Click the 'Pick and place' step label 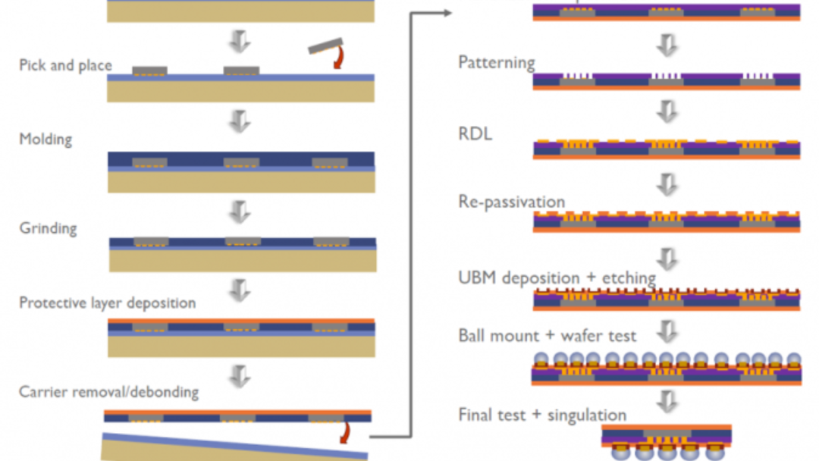tap(65, 65)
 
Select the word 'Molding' tap(45, 140)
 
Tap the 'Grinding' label tap(48, 227)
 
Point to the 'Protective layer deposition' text tap(107, 303)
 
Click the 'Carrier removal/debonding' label tap(108, 392)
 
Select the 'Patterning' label tap(496, 62)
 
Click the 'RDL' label tap(475, 134)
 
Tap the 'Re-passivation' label tap(511, 202)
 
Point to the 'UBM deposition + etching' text tap(557, 278)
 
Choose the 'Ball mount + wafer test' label tap(547, 335)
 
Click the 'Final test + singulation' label tap(542, 415)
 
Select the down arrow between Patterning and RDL tap(667, 111)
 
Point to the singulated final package tap(666, 441)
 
